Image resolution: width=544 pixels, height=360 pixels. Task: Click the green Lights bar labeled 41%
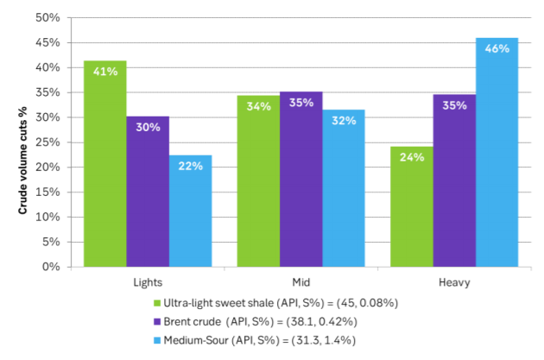pyautogui.click(x=105, y=164)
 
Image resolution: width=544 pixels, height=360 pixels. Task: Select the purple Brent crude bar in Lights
pyautogui.click(x=148, y=192)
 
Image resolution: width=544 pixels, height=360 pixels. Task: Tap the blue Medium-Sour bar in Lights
pyautogui.click(x=190, y=211)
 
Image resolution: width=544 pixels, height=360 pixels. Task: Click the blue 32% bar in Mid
pyautogui.click(x=344, y=188)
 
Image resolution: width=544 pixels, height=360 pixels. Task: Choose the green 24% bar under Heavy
pyautogui.click(x=411, y=206)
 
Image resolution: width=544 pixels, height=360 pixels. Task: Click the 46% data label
pyautogui.click(x=497, y=49)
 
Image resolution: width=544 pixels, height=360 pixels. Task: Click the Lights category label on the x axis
pyautogui.click(x=148, y=281)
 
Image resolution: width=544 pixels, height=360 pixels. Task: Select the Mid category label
pyautogui.click(x=300, y=281)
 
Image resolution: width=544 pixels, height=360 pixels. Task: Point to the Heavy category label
pyautogui.click(x=453, y=281)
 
